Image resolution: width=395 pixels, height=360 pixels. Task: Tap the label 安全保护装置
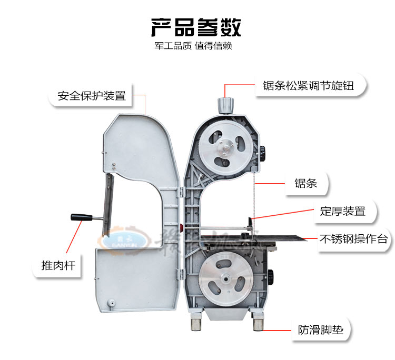92,96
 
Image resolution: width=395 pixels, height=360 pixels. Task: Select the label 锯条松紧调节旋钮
310,85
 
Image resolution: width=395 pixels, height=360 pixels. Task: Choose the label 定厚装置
342,212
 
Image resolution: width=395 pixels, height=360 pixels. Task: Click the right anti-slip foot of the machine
258,323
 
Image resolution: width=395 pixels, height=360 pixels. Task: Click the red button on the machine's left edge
181,228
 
